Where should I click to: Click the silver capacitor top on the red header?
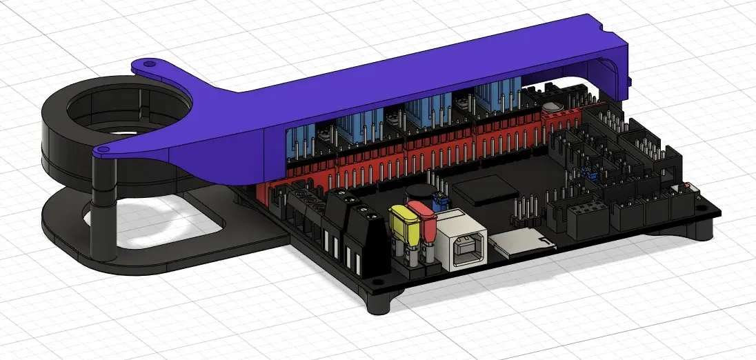[x=551, y=108]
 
